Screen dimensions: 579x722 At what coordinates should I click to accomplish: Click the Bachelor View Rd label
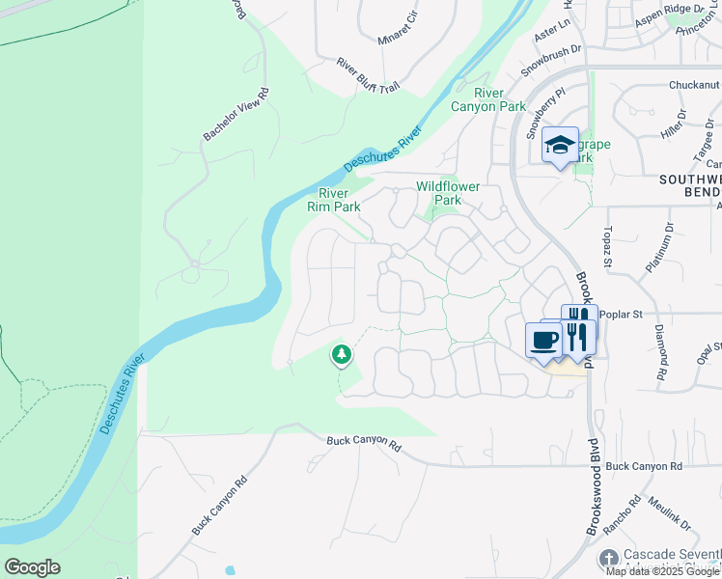[236, 115]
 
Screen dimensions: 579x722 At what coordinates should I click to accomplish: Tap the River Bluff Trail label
[368, 75]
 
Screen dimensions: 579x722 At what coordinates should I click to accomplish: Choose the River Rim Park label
[333, 200]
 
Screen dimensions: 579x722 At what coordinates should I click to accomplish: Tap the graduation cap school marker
[560, 146]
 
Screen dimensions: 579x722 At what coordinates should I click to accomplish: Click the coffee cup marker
[543, 340]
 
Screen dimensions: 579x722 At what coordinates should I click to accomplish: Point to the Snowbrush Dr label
[552, 60]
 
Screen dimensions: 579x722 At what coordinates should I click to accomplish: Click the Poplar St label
[614, 315]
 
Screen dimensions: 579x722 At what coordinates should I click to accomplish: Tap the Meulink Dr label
[669, 512]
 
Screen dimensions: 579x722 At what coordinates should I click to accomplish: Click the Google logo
[32, 567]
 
